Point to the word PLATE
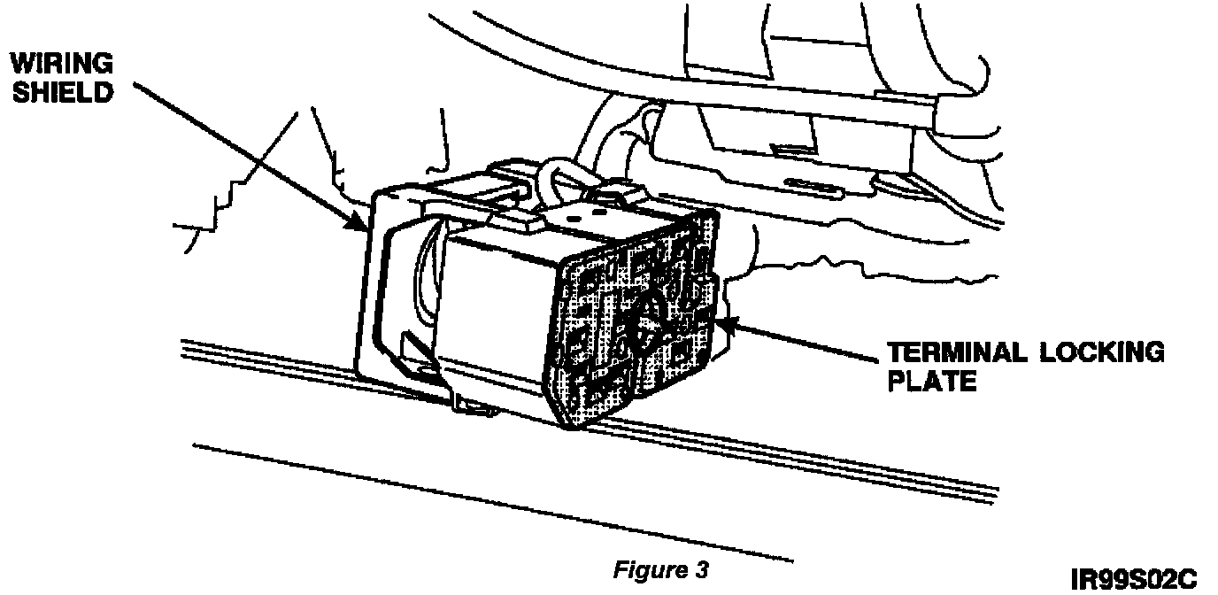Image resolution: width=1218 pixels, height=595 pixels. pyautogui.click(x=932, y=382)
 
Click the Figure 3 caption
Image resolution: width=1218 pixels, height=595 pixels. pyautogui.click(x=659, y=570)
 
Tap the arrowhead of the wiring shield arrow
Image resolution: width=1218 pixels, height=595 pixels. pyautogui.click(x=361, y=227)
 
